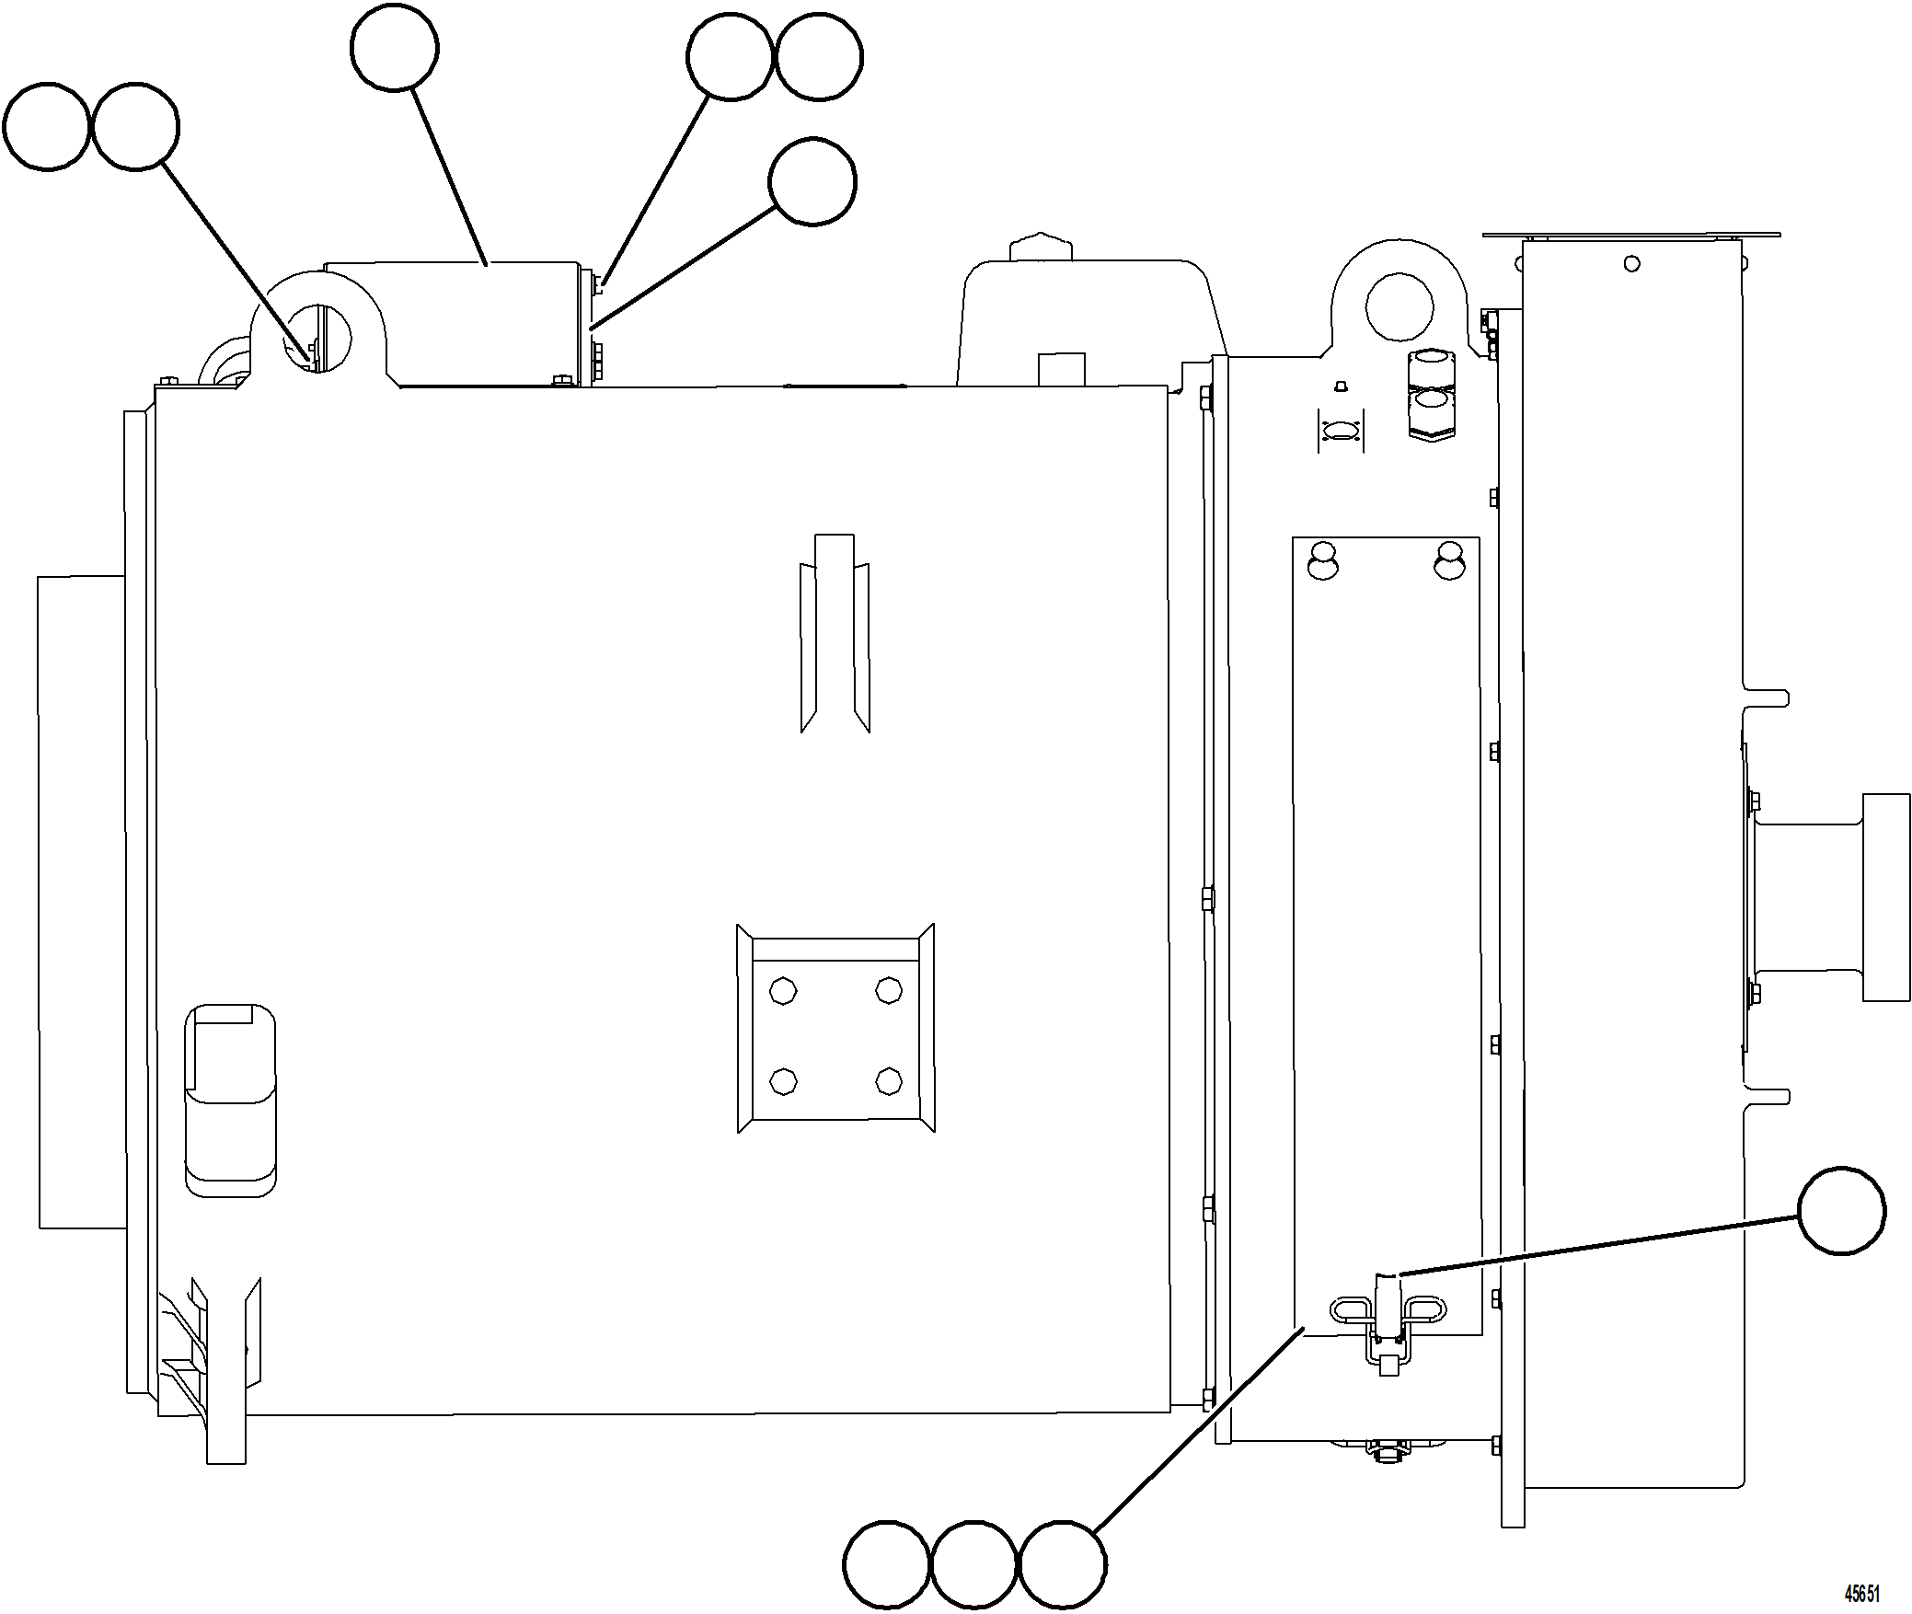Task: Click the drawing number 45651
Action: (x=1861, y=1594)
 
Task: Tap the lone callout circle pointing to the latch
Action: (x=1841, y=1211)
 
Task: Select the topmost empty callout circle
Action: (x=395, y=48)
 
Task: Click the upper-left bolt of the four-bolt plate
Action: (x=783, y=991)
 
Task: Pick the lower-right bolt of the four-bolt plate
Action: (x=888, y=1080)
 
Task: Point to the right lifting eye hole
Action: (x=1399, y=307)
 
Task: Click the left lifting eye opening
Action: (x=324, y=337)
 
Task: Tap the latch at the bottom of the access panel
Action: (x=1388, y=1326)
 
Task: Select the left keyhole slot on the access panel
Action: (x=1323, y=560)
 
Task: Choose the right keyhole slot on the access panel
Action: (x=1449, y=560)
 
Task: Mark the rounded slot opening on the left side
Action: (x=230, y=1101)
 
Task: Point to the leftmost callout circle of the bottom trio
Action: (x=886, y=1564)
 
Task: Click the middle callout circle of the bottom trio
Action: (x=973, y=1564)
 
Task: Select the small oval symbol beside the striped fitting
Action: (x=1341, y=431)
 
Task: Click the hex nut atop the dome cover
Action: (x=1042, y=248)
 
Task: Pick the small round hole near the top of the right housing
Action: (x=1631, y=264)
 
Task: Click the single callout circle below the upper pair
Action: (x=812, y=181)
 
